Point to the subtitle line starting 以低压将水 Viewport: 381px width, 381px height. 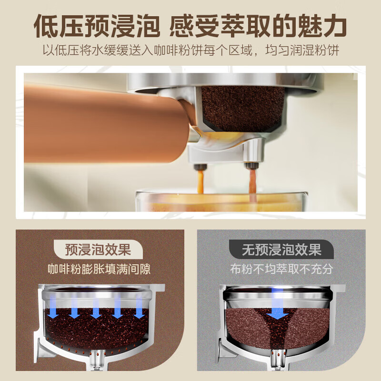coord(190,51)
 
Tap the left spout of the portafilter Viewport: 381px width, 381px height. coord(200,166)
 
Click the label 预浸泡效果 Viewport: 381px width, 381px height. coord(98,249)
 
